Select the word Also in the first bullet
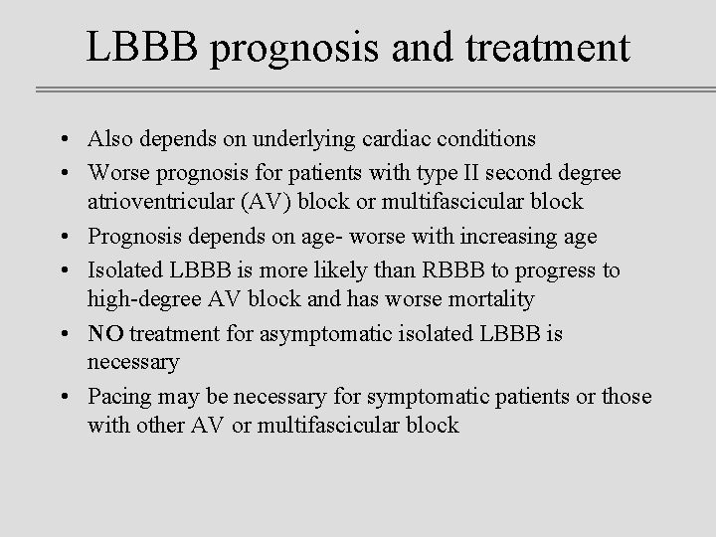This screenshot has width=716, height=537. (x=108, y=138)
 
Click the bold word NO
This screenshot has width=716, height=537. (x=105, y=333)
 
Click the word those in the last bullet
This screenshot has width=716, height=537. (x=626, y=397)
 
